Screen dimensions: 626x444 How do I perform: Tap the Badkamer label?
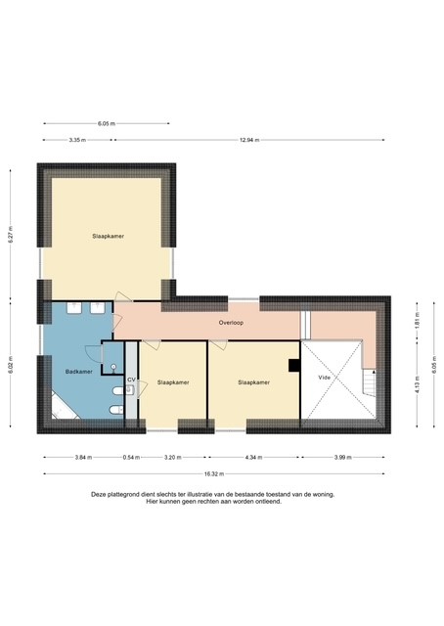tap(78, 372)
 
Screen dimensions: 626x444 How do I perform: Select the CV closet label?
tap(130, 379)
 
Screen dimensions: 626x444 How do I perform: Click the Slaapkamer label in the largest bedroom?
tap(108, 236)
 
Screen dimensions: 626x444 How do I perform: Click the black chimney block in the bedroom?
tap(292, 366)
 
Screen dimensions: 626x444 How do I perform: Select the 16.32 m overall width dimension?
tap(212, 474)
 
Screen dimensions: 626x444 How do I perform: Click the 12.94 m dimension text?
tap(251, 140)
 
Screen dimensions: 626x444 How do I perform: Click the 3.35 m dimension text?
tap(76, 140)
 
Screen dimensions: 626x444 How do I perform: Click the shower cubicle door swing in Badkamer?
tap(93, 356)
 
